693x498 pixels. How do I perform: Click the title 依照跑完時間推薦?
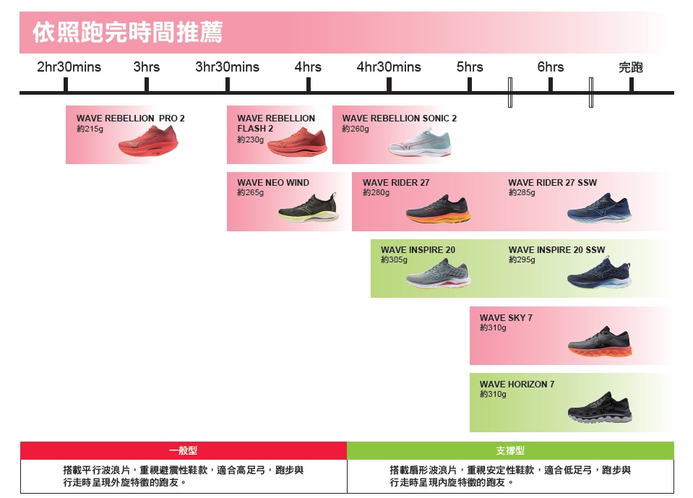128,33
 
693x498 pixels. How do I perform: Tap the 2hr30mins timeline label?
69,67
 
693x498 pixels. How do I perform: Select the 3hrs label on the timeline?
147,67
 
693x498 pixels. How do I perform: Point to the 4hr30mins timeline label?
389,67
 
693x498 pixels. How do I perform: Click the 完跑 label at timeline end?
631,67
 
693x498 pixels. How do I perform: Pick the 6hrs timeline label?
551,67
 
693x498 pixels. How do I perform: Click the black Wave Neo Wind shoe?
309,209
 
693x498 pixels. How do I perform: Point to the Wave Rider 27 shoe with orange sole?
438,210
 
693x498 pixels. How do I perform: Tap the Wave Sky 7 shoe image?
600,342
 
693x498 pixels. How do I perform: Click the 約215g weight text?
90,129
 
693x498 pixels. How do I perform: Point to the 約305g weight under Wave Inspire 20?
395,259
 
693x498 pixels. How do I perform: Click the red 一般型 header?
184,450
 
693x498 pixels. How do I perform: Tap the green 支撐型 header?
510,450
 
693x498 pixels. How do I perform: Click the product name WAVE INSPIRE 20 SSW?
556,250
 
